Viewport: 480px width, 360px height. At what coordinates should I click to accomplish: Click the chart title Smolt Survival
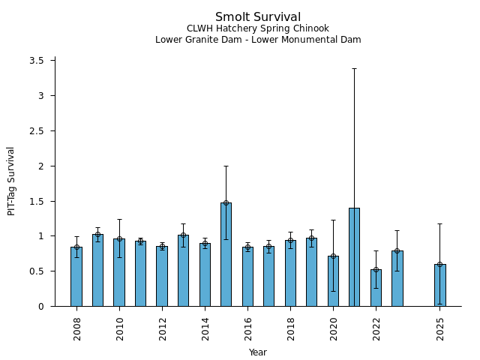258,17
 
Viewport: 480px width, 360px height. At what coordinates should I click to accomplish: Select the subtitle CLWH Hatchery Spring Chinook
258,29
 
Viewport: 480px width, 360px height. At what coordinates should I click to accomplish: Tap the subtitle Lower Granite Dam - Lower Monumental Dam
258,40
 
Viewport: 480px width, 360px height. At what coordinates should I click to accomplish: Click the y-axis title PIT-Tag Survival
11,181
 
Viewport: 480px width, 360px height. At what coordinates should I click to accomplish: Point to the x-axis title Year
258,352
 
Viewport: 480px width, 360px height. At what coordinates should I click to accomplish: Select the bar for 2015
226,255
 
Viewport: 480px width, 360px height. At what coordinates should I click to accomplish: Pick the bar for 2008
76,277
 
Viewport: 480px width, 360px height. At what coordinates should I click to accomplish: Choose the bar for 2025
439,285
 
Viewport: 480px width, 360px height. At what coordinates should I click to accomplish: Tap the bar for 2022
376,288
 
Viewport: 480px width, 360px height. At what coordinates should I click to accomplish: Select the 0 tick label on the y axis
46,306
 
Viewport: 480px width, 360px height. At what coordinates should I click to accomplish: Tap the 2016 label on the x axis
247,328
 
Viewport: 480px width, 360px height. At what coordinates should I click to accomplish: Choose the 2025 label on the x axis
440,328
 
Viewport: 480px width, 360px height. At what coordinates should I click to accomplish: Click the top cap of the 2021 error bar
354,68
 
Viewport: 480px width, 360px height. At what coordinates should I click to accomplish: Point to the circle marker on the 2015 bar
226,202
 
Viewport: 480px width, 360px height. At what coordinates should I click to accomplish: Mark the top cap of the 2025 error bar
439,223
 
